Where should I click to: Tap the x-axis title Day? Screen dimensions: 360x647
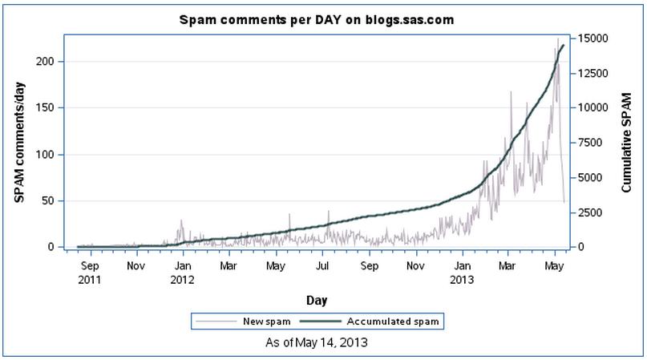click(x=315, y=299)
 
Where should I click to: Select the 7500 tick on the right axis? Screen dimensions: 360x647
click(x=590, y=143)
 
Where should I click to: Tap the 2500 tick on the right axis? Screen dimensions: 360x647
click(x=590, y=212)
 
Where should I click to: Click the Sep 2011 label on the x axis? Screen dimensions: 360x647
click(x=91, y=270)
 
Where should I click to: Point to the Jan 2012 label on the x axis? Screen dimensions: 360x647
click(x=183, y=270)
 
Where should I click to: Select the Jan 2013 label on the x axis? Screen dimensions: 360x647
click(x=462, y=270)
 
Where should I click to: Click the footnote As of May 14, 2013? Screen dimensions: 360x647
click(x=317, y=342)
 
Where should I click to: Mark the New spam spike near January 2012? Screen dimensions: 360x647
click(x=181, y=220)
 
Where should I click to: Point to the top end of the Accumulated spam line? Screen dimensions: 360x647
click(x=563, y=46)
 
